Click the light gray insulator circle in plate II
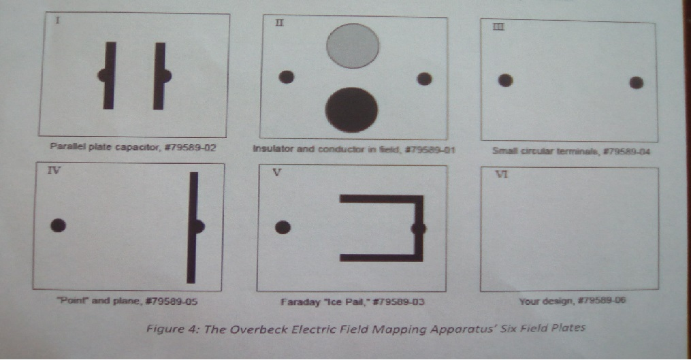tap(353, 46)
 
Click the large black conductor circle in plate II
tap(352, 110)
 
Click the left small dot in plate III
tap(505, 80)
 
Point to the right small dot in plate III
tap(636, 82)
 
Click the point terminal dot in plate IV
tap(58, 225)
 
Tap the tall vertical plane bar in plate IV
tap(193, 227)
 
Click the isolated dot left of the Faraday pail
tap(283, 227)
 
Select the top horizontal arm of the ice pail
tap(382, 199)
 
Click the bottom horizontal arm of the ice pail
tap(382, 257)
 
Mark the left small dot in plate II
tap(287, 77)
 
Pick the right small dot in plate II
tap(424, 79)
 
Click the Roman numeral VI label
tap(502, 174)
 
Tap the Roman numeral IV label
tap(54, 171)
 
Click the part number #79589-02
tap(190, 147)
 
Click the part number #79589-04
tap(626, 152)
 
